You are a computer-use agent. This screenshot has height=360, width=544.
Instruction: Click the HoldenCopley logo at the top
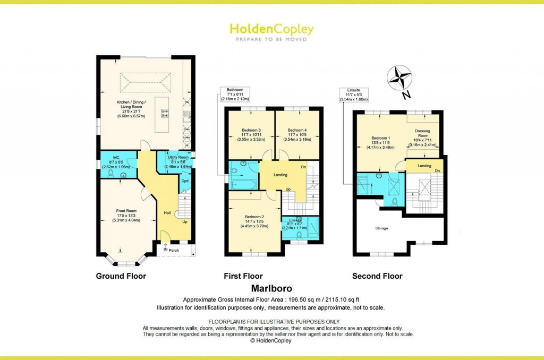tap(271, 29)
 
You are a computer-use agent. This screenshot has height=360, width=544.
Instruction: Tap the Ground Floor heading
tap(121, 276)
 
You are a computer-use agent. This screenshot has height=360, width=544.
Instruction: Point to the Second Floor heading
tap(377, 276)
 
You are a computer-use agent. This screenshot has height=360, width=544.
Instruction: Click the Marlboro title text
tap(271, 290)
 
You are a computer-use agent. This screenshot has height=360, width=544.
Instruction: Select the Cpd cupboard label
tap(185, 181)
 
